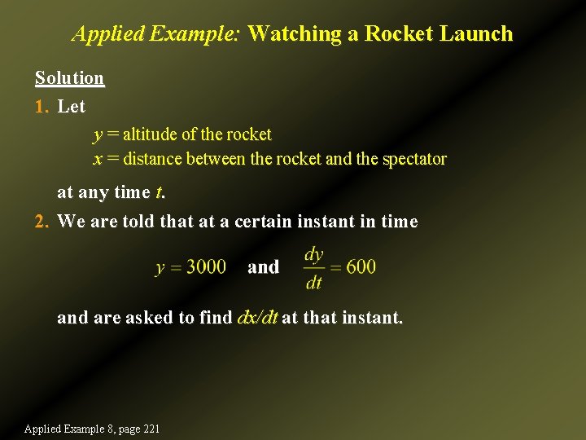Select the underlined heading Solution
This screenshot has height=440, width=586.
[x=69, y=78]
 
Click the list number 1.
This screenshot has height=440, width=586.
[x=41, y=107]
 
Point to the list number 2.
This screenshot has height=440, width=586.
[x=42, y=222]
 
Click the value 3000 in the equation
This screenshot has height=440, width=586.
[x=206, y=267]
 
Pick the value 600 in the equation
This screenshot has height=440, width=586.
[x=361, y=267]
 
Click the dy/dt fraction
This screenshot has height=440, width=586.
[x=313, y=268]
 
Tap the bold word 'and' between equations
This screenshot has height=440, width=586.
[x=263, y=267]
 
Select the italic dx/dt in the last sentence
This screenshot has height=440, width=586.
[x=256, y=318]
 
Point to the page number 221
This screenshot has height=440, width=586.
[x=149, y=429]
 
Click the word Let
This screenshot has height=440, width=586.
[x=71, y=107]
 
